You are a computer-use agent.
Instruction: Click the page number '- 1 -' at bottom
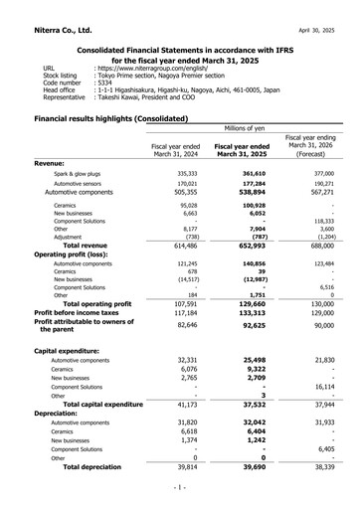click(180, 488)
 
